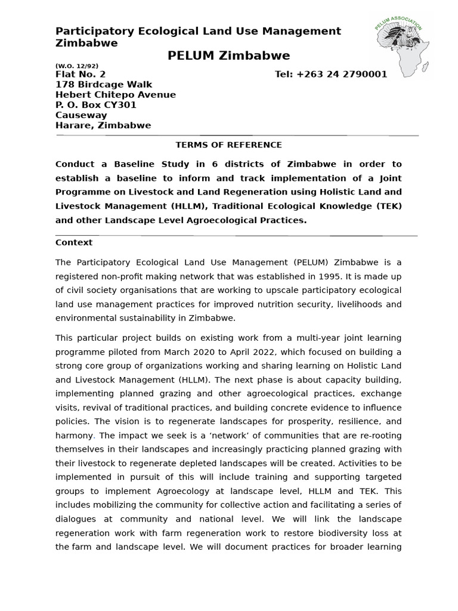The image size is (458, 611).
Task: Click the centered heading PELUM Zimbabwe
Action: (228, 56)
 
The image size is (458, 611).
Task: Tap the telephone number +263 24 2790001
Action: (331, 75)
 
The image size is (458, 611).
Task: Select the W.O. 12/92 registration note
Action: (77, 66)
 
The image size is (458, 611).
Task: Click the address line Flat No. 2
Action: (81, 75)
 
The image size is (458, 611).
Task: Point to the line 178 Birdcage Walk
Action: (104, 85)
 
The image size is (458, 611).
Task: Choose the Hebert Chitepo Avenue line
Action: (116, 95)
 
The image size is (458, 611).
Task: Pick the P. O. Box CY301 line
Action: (96, 105)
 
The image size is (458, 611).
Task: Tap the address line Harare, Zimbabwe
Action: (103, 125)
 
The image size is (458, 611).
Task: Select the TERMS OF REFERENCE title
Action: (228, 145)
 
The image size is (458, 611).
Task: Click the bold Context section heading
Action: (74, 242)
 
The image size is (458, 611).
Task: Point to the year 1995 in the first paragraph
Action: (345, 276)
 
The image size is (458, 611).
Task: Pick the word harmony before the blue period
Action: (74, 436)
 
